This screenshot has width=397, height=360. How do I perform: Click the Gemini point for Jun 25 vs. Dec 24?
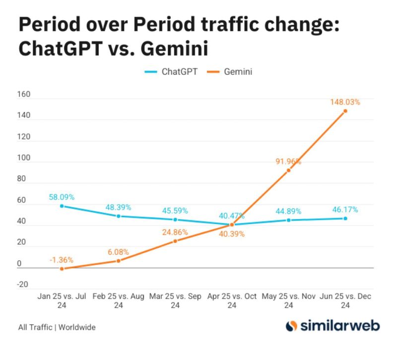[x=345, y=111]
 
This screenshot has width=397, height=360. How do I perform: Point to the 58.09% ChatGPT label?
[x=62, y=197]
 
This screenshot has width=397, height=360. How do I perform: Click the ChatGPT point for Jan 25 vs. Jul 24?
[x=62, y=206]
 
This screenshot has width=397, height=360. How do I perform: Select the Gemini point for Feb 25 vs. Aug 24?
[x=118, y=261]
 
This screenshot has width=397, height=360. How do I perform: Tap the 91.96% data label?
[x=288, y=161]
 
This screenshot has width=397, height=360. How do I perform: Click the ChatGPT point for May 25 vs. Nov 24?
[x=288, y=220]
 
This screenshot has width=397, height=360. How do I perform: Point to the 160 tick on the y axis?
[x=24, y=94]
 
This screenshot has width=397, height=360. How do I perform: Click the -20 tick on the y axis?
[x=24, y=285]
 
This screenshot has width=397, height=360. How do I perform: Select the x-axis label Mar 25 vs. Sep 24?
[x=175, y=300]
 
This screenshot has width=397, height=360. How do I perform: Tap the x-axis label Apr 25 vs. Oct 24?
[x=232, y=300]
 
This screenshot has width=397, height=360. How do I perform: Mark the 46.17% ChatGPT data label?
[x=345, y=209]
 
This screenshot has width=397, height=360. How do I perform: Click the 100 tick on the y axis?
[x=24, y=158]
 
